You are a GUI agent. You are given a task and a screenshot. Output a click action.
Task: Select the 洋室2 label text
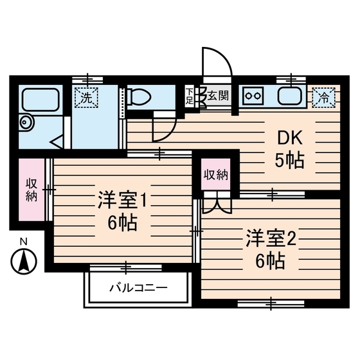(x=270, y=239)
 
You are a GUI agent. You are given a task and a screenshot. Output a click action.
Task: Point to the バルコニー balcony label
(x=138, y=287)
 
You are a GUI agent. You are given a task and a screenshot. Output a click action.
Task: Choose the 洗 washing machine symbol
(x=85, y=98)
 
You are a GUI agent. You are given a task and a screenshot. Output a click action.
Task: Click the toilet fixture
(x=138, y=98)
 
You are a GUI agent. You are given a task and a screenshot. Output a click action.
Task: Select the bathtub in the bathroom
(x=41, y=100)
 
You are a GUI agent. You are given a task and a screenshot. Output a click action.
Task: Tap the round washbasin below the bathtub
(x=26, y=122)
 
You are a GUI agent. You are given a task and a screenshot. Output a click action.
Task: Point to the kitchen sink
(x=291, y=98)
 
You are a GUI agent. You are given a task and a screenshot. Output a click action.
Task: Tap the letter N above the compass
(x=24, y=242)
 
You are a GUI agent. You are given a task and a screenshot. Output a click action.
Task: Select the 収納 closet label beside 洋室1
(x=31, y=190)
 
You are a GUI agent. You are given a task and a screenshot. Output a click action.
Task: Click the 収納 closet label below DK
(x=216, y=174)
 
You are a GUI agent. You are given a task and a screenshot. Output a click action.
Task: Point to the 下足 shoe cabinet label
(x=189, y=97)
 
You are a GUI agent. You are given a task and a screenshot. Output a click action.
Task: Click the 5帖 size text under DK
(x=289, y=161)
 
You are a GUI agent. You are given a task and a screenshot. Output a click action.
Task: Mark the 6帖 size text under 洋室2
(x=270, y=261)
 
